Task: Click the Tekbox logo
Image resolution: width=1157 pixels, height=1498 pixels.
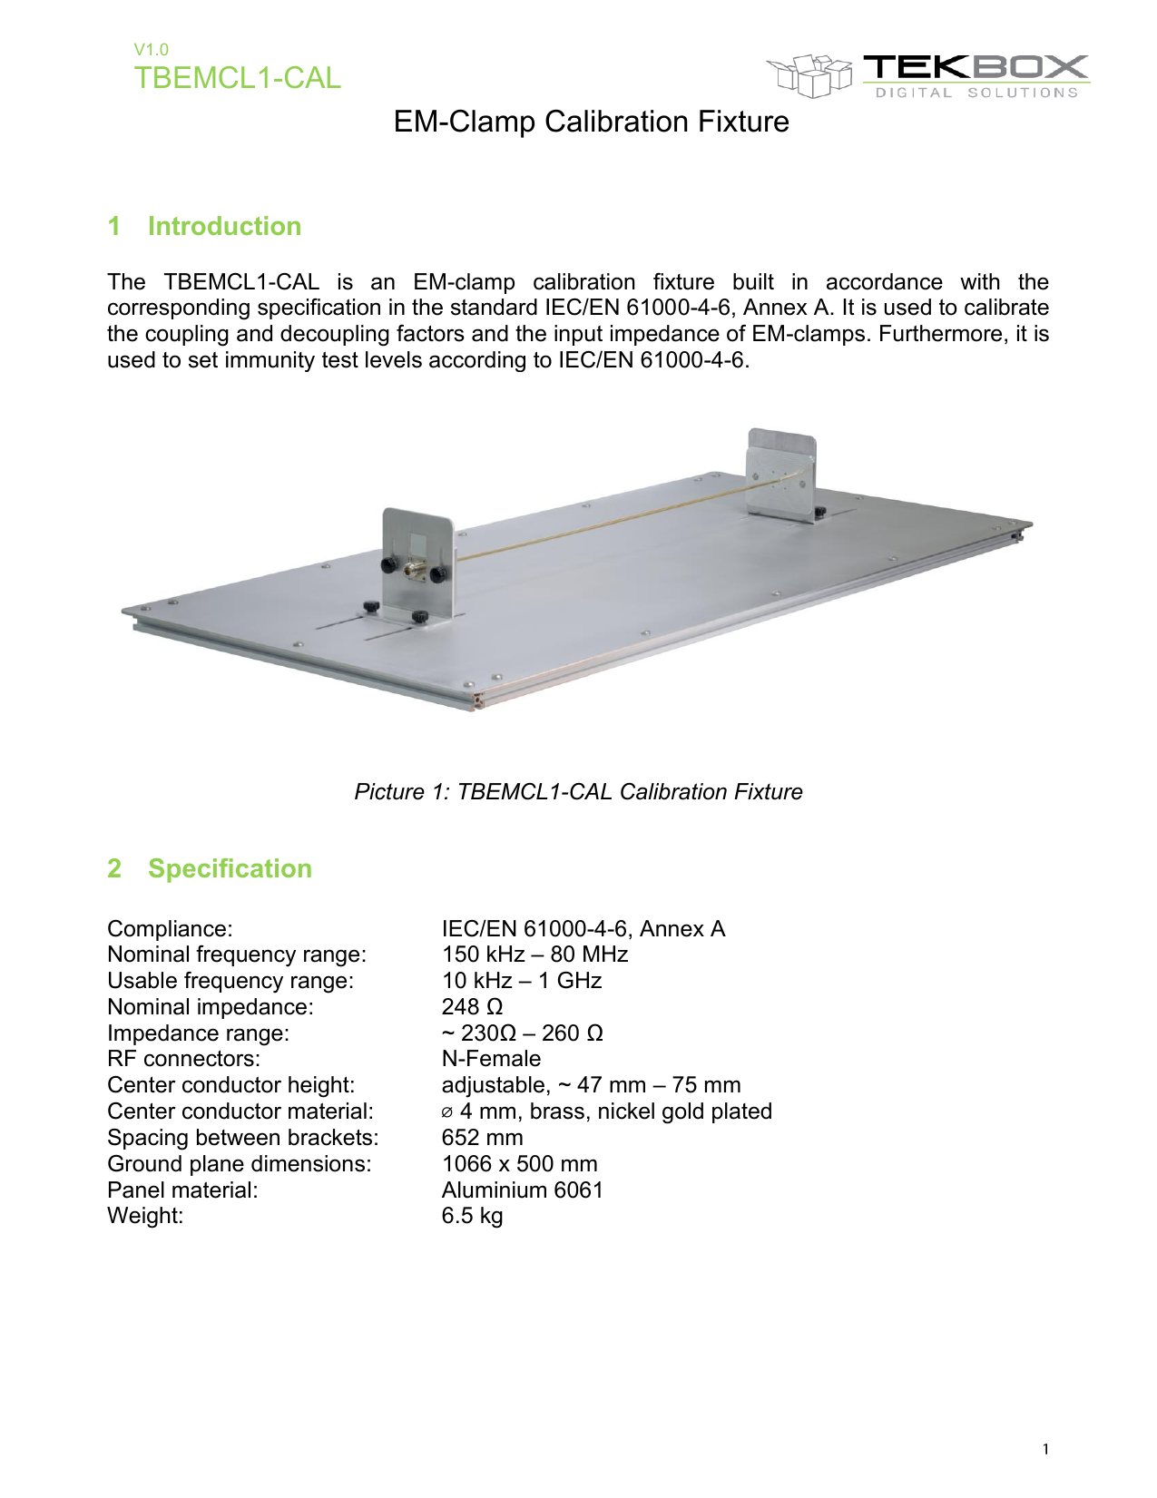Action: pos(927,74)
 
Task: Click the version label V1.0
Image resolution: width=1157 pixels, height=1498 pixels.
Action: pos(151,50)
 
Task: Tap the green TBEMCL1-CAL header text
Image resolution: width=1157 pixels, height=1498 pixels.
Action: pos(238,78)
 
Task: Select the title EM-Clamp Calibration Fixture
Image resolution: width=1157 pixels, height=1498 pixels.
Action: pos(591,122)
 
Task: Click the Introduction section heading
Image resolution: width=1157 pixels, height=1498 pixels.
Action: pos(224,226)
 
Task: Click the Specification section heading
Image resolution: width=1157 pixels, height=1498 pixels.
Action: pos(230,868)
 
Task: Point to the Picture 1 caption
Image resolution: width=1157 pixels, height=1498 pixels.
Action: pos(578,792)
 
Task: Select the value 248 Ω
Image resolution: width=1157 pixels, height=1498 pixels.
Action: pos(472,1007)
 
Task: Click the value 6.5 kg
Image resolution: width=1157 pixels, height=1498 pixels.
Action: pos(472,1216)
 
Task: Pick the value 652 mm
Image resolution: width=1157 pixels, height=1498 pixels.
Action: pos(482,1138)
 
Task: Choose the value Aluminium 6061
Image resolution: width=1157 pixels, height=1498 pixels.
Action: pos(522,1190)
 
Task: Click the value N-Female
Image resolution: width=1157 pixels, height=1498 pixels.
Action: pos(491,1059)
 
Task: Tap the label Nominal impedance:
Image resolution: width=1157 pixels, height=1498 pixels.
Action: pos(211,1007)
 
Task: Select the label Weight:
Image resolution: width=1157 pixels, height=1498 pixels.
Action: pos(145,1216)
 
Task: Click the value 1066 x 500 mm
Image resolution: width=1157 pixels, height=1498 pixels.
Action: pos(519,1164)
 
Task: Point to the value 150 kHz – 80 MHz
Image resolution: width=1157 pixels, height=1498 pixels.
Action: pos(534,955)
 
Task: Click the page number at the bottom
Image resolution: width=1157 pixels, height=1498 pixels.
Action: pos(1045,1449)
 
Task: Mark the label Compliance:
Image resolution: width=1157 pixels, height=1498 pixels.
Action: pos(170,929)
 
